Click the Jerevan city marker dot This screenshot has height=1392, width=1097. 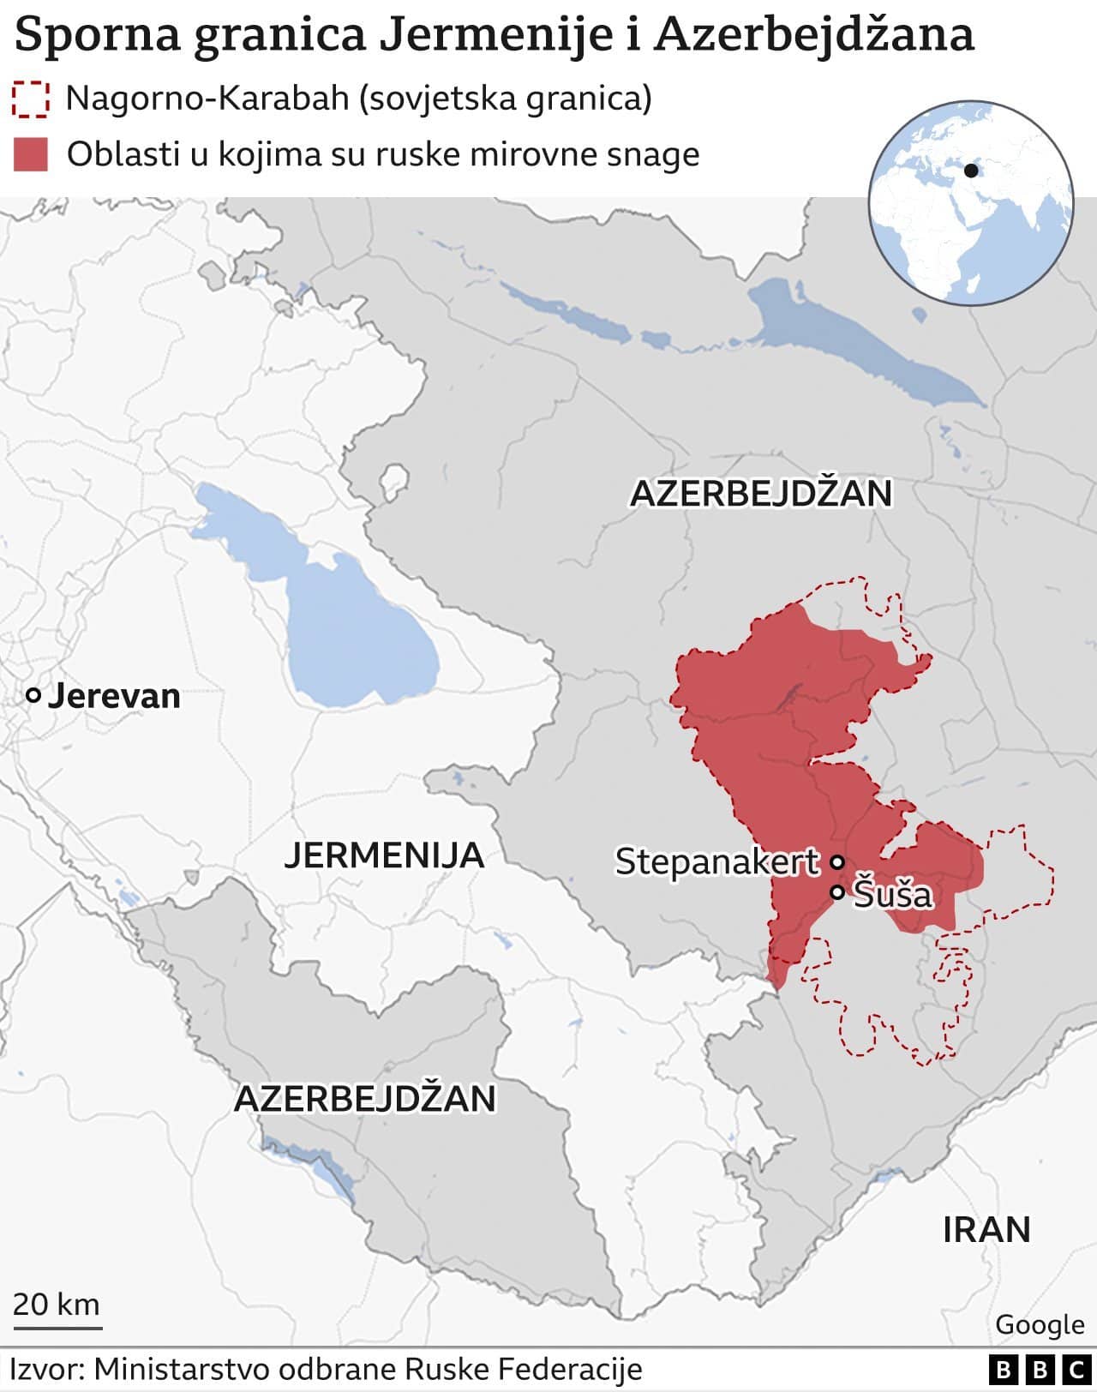pos(33,696)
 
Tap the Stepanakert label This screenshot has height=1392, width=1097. pos(716,861)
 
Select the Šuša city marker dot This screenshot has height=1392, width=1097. pos(837,892)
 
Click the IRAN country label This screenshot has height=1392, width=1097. pos(986,1230)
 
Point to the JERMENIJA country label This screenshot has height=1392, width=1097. pos(384,855)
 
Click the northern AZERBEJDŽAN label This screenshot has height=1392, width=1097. pos(761,494)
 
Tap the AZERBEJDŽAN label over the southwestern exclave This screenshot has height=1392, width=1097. pos(365,1099)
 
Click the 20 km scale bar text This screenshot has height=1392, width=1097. pos(57,1304)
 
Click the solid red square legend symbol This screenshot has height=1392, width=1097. pos(31,154)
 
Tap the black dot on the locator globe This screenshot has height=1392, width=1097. pos(971,171)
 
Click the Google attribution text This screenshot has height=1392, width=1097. pos(1040,1324)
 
